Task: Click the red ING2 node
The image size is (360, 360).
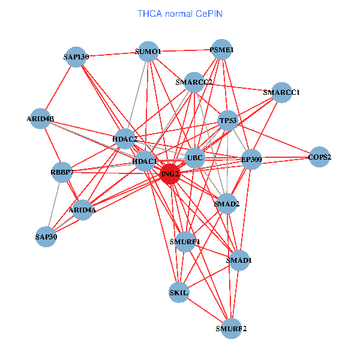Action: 170,175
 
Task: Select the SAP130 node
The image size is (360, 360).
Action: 76,57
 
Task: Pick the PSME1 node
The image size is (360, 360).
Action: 221,50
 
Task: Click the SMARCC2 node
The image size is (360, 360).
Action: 194,82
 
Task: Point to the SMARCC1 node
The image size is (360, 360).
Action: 281,92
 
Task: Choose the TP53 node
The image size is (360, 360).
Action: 229,121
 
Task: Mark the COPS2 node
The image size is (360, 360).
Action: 319,157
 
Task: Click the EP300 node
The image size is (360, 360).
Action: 251,160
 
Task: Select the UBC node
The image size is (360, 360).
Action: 195,158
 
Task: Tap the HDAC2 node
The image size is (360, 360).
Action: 125,139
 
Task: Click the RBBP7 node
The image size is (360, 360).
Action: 62,173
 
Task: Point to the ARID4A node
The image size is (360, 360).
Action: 82,210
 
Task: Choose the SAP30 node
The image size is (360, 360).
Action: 46,236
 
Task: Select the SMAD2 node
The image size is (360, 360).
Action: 226,204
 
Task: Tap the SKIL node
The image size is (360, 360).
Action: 179,293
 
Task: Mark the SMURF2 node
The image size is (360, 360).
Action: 231,328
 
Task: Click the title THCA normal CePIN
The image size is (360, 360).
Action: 180,13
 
